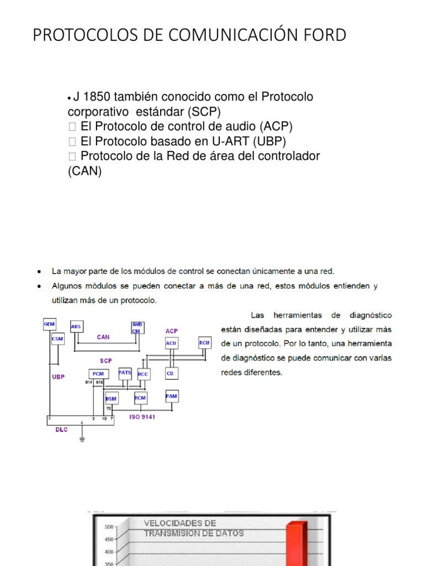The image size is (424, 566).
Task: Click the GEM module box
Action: click(50, 324)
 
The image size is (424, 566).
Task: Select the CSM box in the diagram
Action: click(57, 339)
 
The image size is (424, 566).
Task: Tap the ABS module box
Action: click(76, 327)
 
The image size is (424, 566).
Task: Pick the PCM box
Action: click(98, 374)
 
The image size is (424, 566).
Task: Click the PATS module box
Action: click(125, 373)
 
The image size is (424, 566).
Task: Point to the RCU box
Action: click(204, 343)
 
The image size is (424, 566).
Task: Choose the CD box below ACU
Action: click(171, 374)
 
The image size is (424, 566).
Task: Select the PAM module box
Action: click(172, 396)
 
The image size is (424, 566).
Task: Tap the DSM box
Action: click(112, 399)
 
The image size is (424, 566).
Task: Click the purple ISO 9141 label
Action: click(142, 417)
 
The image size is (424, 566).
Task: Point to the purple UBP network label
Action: click(58, 376)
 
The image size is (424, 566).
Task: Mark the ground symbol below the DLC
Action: click(82, 440)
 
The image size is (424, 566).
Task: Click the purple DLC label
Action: click(61, 429)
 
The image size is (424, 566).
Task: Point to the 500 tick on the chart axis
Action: click(109, 526)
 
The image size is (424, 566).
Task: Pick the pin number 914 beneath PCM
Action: click(88, 382)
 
